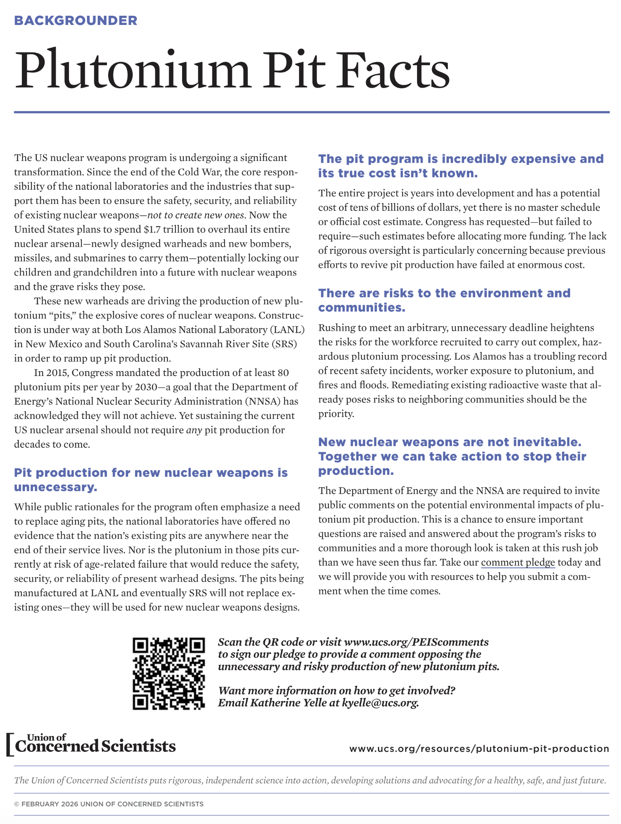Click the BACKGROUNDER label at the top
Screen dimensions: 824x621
coord(76,21)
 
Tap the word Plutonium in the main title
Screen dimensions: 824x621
coord(132,70)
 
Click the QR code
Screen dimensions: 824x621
coord(169,673)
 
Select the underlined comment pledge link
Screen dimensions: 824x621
coord(518,562)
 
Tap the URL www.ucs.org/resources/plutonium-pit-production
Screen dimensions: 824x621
coord(479,748)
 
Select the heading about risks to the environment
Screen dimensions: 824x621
coord(444,300)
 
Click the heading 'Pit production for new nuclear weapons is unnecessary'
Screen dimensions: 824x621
coord(151,479)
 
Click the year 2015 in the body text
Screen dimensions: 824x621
coord(57,373)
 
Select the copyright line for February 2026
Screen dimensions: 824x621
coord(109,804)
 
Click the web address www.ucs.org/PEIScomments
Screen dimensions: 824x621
coord(416,642)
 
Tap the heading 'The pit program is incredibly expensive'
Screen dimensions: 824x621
coord(460,166)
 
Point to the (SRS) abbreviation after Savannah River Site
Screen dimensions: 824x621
coord(284,344)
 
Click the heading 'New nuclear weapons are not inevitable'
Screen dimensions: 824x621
coord(452,456)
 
